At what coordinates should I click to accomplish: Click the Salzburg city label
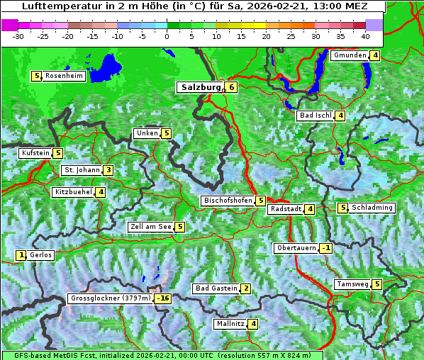click(x=202, y=87)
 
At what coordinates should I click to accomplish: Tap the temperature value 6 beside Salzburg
click(x=232, y=87)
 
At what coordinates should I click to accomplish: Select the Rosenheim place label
click(x=64, y=76)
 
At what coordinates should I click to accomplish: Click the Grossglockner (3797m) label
click(x=111, y=298)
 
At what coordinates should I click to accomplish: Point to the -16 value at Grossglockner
click(x=163, y=298)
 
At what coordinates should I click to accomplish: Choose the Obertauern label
click(x=296, y=248)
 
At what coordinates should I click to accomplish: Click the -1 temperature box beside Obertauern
click(x=325, y=248)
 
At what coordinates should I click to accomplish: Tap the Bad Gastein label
click(x=216, y=288)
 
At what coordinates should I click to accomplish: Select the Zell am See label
click(x=151, y=227)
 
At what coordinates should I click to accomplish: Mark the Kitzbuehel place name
click(x=73, y=192)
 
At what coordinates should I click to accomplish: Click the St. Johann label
click(x=82, y=170)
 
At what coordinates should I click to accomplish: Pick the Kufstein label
click(x=35, y=152)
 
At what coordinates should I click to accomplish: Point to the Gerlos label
click(x=41, y=255)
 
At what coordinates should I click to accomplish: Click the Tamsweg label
click(x=352, y=284)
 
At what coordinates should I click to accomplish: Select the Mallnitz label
click(x=230, y=324)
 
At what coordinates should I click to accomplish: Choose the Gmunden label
click(x=350, y=55)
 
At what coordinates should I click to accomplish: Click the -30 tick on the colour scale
click(x=18, y=36)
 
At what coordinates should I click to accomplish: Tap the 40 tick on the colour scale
click(x=365, y=36)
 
